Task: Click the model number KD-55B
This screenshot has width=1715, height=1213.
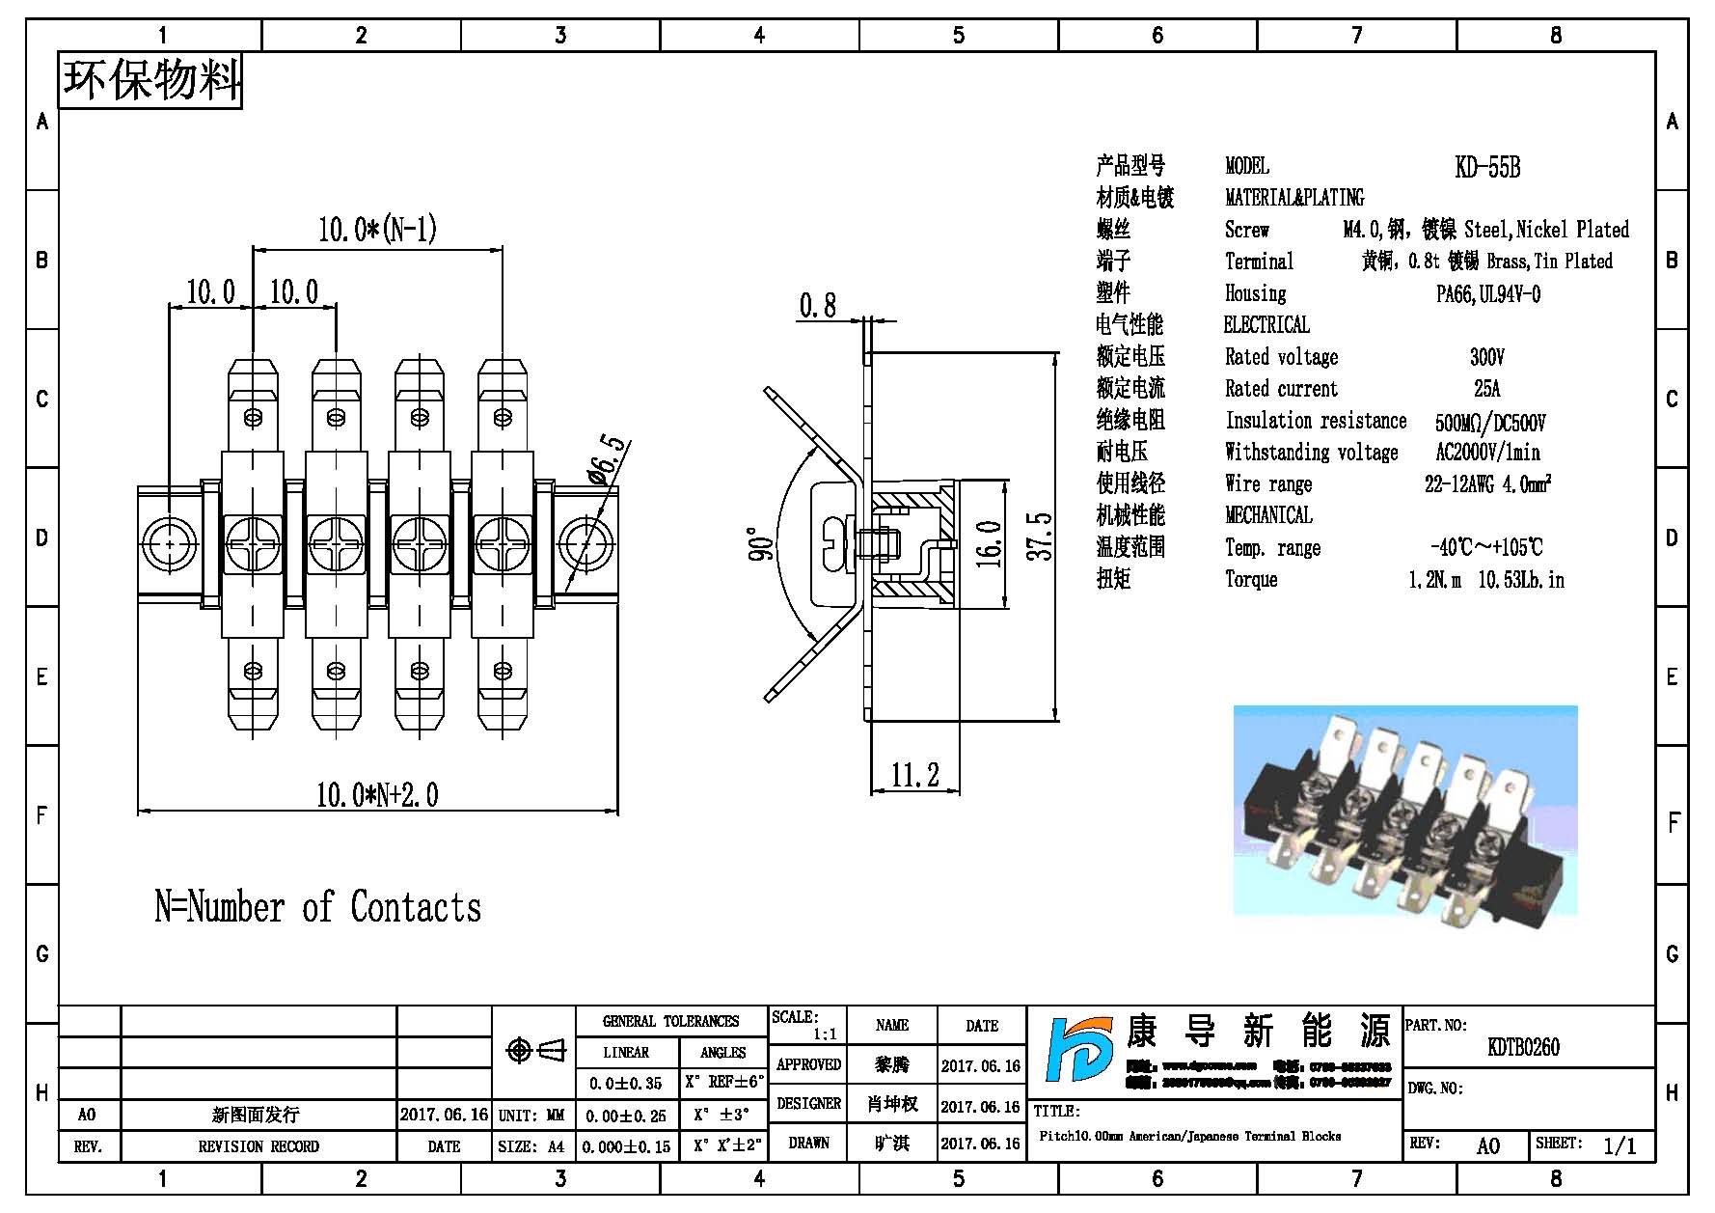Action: point(1487,168)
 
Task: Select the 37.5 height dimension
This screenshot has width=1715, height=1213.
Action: point(1040,537)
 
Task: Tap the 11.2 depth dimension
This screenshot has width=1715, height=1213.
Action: point(914,775)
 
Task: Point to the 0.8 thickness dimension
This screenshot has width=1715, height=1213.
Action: point(817,306)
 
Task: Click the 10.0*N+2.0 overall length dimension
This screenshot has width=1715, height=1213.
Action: point(377,795)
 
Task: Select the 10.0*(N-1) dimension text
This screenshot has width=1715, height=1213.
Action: point(377,230)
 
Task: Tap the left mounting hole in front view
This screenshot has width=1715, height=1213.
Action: point(170,544)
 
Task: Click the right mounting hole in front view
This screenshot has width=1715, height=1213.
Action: point(585,544)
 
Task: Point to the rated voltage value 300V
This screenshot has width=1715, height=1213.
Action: point(1486,358)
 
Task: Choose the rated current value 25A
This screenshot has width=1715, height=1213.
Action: point(1486,389)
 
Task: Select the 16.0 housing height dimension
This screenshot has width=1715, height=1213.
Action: point(988,542)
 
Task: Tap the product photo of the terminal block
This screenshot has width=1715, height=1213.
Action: point(1404,810)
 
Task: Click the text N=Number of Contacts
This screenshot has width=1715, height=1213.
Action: point(317,908)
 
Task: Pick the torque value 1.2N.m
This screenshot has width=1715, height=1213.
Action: point(1434,580)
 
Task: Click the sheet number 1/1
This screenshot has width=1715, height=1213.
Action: point(1620,1146)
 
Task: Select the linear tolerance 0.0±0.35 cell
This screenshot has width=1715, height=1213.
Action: point(626,1084)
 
